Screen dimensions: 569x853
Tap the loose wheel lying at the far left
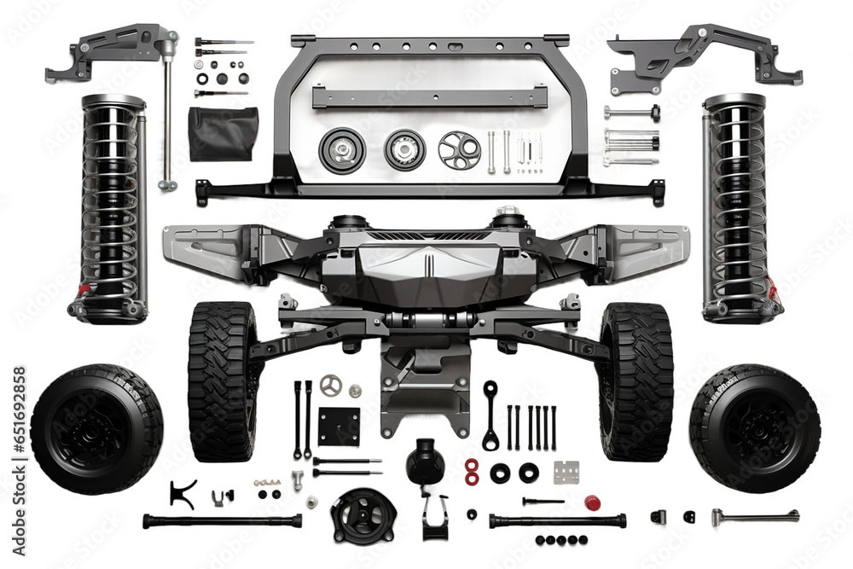96,428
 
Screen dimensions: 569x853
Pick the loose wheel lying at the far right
755,428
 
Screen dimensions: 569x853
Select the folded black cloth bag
223,134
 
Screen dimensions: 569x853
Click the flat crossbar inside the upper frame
429,96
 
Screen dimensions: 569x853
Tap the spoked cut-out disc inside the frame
459,150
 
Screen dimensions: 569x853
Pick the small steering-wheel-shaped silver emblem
331,386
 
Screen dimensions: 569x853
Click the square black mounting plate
339,427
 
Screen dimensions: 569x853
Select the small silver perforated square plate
566,472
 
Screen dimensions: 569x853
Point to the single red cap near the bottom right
592,502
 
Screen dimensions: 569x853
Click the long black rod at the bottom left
222,520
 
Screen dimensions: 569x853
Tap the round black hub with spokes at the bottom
363,515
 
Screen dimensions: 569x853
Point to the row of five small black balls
562,540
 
